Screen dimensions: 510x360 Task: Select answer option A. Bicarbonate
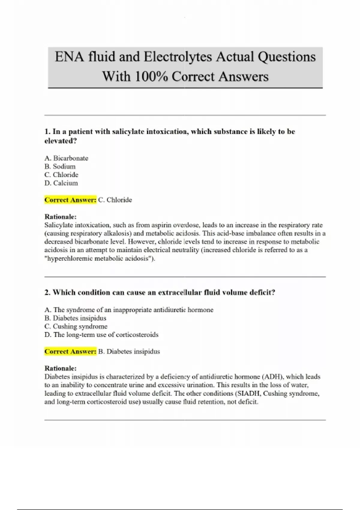click(x=66, y=158)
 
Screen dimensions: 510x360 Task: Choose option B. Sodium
click(x=60, y=166)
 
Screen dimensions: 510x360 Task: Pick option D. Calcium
click(x=61, y=183)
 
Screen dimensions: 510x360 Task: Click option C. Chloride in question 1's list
click(x=61, y=175)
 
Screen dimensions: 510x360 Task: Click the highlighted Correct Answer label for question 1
click(x=70, y=200)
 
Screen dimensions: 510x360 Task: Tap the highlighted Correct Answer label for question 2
click(x=70, y=351)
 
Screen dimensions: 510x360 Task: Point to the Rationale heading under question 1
click(x=61, y=217)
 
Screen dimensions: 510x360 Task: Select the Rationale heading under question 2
click(x=61, y=368)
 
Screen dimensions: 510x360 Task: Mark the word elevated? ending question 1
click(x=61, y=141)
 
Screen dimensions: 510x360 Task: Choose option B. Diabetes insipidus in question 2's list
click(x=75, y=318)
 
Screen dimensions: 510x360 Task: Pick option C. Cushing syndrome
click(x=76, y=326)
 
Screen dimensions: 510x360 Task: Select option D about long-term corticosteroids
click(x=101, y=335)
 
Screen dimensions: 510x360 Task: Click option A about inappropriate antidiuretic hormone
click(x=129, y=310)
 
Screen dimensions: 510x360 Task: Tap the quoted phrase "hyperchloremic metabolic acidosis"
click(x=100, y=258)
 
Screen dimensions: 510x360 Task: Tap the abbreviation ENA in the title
click(x=69, y=57)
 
